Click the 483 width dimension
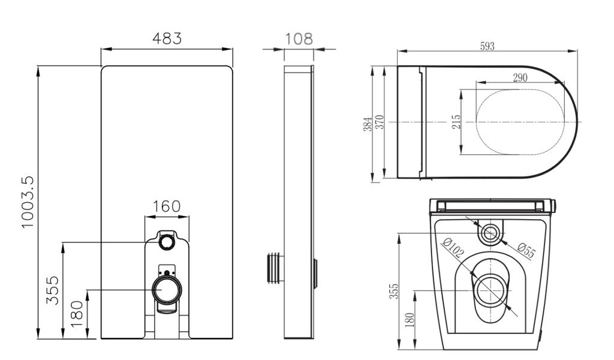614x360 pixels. [x=166, y=38]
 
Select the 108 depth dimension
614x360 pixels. [x=298, y=39]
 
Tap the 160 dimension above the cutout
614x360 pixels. [x=166, y=206]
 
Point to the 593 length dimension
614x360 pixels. [x=487, y=46]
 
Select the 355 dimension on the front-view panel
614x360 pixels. [x=53, y=290]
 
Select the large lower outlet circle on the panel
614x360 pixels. [x=166, y=290]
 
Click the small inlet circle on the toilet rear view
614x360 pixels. [x=492, y=232]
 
